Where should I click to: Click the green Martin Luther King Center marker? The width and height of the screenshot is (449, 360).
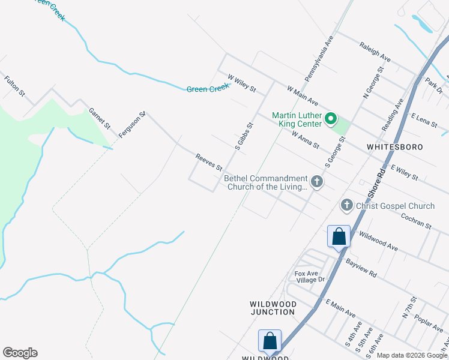(x=330, y=119)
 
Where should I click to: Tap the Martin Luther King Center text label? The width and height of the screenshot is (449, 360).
(x=297, y=119)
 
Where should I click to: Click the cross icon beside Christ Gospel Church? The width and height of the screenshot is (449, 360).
(x=346, y=206)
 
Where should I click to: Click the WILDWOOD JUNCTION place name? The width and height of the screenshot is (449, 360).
(x=273, y=308)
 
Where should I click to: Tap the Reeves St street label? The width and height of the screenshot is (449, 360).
(x=209, y=161)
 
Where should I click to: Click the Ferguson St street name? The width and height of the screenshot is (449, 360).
(x=133, y=125)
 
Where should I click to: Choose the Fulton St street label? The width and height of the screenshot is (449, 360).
(x=14, y=86)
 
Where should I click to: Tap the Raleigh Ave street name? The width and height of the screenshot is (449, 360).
(x=375, y=52)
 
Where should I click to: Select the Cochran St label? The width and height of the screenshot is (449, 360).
(x=416, y=221)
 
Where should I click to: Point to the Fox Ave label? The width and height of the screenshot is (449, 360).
(x=305, y=274)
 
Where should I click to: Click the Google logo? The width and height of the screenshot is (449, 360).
(x=20, y=353)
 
